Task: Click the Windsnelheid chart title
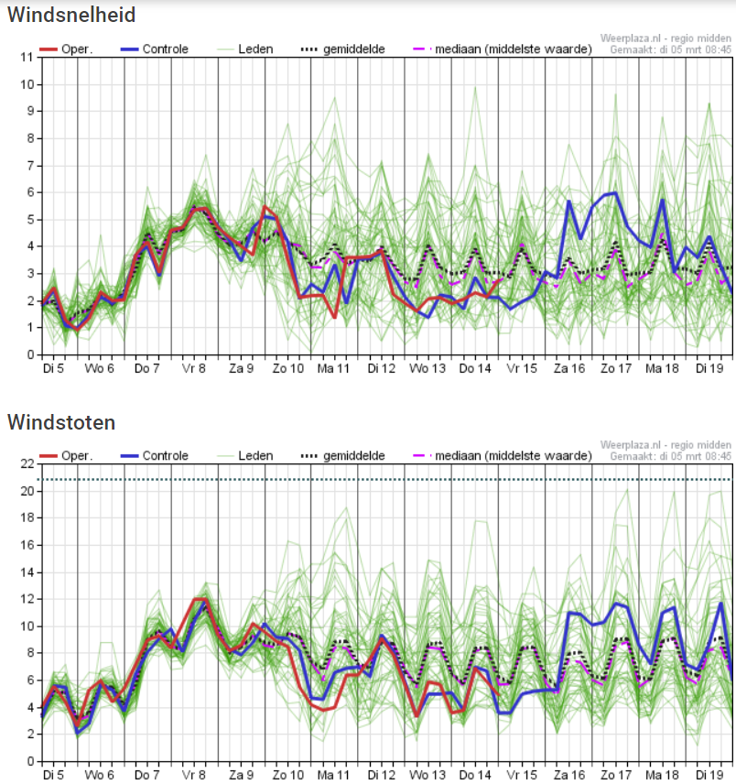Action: pos(71,15)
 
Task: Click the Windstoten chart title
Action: pos(61,422)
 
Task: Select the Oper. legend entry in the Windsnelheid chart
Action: pos(66,49)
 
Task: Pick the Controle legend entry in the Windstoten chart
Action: pos(155,455)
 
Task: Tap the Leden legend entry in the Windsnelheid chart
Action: pos(245,49)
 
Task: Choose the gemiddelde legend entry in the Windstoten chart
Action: pos(342,455)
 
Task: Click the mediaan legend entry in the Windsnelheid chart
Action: pos(503,49)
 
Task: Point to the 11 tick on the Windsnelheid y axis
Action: pos(27,57)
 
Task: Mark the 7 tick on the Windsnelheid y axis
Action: pos(30,166)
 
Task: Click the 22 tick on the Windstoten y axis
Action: pos(27,463)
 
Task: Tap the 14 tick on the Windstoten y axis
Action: pos(27,572)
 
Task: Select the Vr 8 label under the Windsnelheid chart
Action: pos(194,368)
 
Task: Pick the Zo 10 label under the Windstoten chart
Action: pos(288,775)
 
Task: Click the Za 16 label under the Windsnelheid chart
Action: pos(569,368)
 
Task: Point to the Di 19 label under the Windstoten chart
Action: pos(709,775)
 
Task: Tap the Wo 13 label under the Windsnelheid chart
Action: pos(428,368)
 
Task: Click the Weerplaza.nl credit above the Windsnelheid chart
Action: pos(666,38)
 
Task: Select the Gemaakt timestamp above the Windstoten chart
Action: pos(670,456)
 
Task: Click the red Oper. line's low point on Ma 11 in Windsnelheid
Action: pos(334,318)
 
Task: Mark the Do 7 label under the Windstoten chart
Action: pos(146,775)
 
